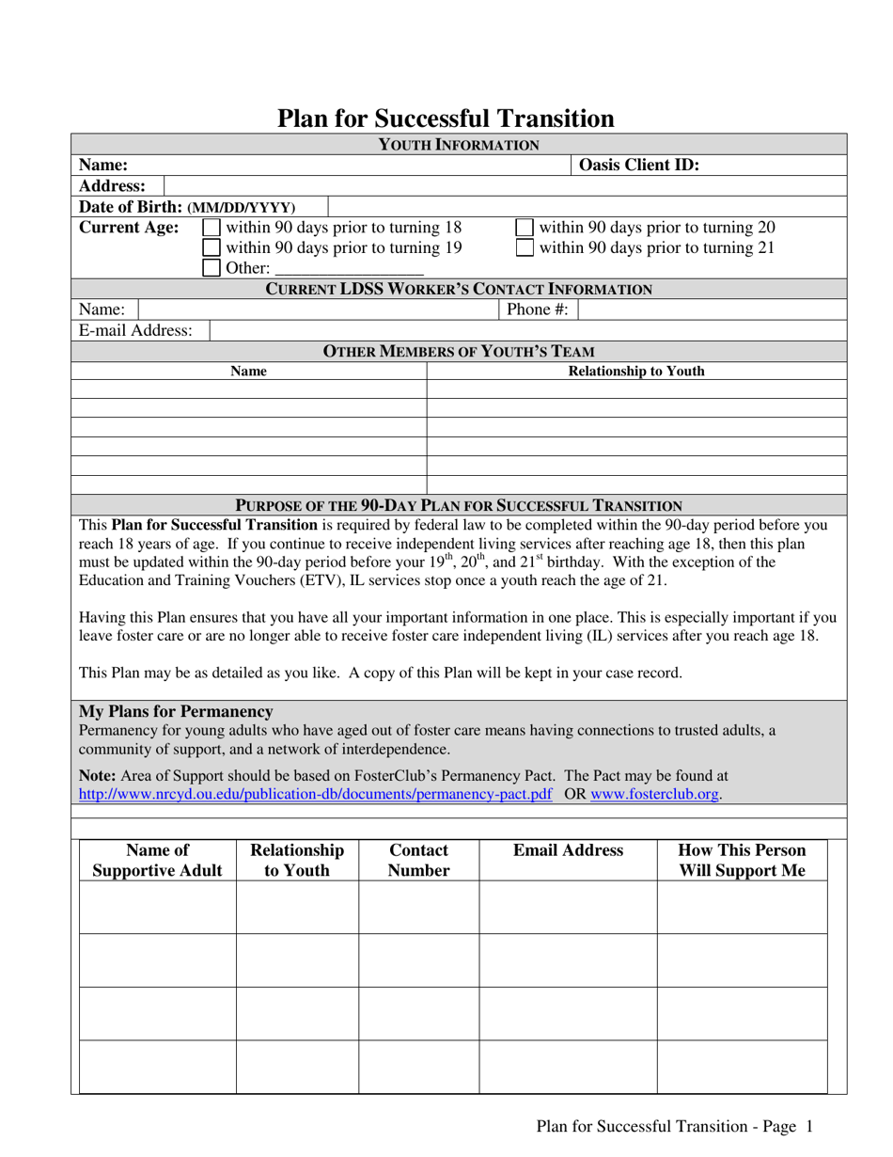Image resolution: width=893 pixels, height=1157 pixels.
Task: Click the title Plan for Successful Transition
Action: pos(446,118)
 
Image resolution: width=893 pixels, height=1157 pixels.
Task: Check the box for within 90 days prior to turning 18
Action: pos(212,228)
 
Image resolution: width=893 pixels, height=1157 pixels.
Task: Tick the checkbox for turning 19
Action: pos(212,248)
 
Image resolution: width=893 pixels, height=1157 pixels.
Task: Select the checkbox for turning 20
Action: pos(525,228)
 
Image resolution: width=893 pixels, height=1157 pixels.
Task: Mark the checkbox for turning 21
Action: pos(525,248)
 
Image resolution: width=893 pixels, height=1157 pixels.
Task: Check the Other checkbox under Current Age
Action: pos(212,269)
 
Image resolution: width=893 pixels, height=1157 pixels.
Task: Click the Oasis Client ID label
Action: pos(639,166)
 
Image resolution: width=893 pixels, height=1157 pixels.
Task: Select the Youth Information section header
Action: pos(459,144)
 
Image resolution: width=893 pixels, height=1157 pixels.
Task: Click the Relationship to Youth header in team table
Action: pos(636,372)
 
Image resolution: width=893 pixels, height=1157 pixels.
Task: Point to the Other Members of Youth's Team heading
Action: pos(459,352)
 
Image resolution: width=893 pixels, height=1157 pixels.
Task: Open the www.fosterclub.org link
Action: pos(655,795)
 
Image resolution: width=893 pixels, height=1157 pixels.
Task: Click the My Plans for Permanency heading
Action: pos(176,711)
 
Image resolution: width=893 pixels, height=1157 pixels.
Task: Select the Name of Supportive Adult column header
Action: pos(158,860)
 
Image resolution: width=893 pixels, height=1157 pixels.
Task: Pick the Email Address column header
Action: pos(568,850)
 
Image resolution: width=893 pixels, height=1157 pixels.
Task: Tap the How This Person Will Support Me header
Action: pos(742,860)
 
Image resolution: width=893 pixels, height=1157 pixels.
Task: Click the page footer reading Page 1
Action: pos(673,1126)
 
